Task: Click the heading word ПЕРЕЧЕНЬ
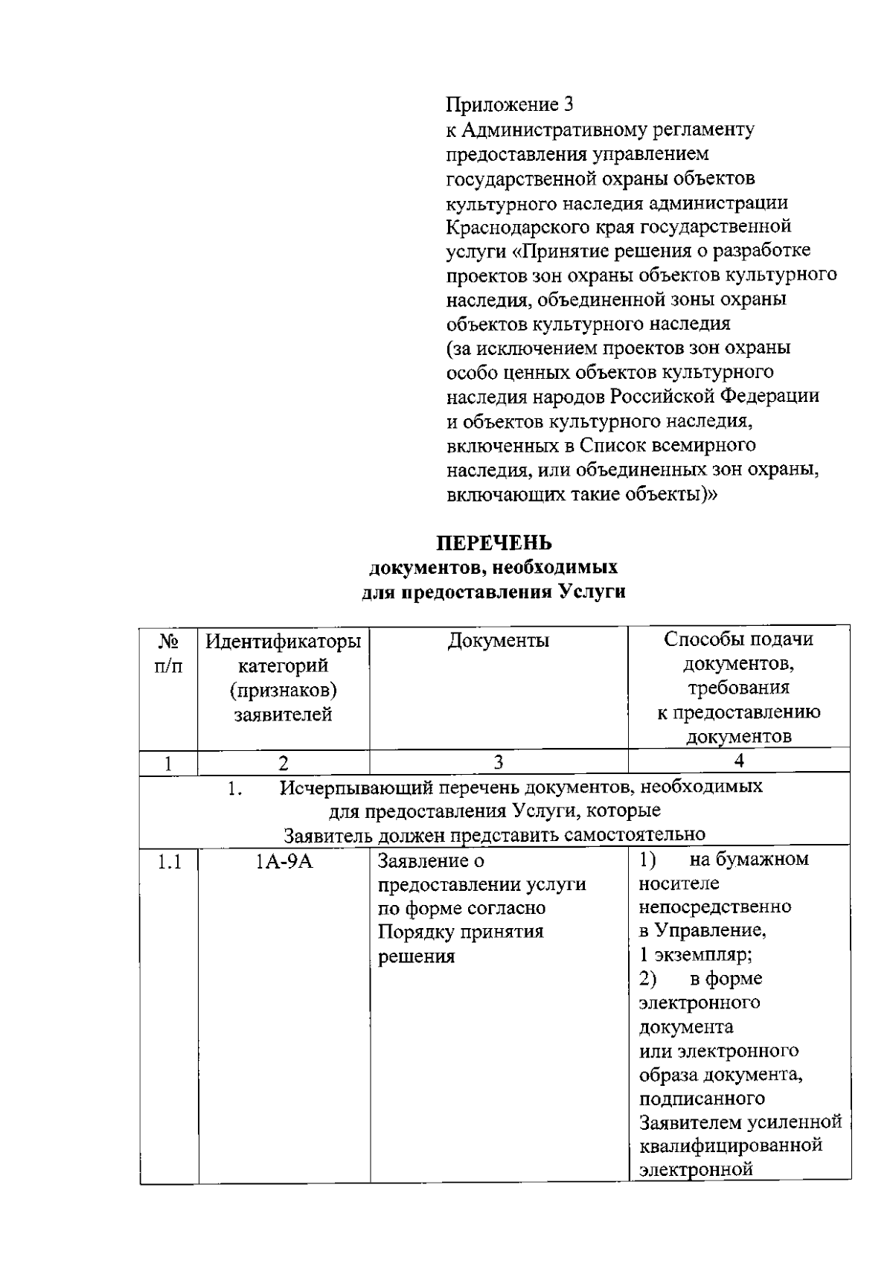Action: click(493, 542)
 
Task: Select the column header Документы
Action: click(499, 641)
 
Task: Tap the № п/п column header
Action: click(168, 653)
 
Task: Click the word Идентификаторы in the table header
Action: click(284, 641)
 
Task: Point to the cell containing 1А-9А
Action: click(284, 862)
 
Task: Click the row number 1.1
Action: click(169, 862)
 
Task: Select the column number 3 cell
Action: click(499, 762)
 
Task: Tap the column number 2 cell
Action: click(284, 762)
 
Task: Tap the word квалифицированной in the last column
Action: click(731, 1145)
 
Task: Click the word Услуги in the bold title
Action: click(592, 593)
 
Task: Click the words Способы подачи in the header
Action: click(738, 640)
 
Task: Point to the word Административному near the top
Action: click(556, 130)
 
